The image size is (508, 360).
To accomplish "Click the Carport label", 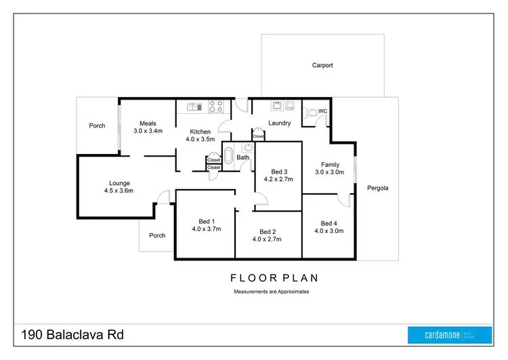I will click(x=322, y=66).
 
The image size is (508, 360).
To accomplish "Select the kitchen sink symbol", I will click(x=195, y=106).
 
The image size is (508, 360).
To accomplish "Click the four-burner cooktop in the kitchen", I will click(x=216, y=106).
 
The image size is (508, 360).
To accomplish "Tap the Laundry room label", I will click(x=279, y=123).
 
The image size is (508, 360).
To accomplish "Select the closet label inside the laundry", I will click(x=259, y=136).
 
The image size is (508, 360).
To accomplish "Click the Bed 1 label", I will click(x=207, y=222).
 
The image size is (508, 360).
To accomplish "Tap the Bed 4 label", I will click(x=329, y=223).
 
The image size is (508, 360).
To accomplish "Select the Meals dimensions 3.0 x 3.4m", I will click(x=148, y=131).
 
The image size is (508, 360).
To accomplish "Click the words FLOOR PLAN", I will click(x=274, y=278).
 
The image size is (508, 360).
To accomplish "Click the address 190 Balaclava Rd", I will click(x=72, y=335).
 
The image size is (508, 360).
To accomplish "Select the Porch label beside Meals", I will click(x=97, y=125).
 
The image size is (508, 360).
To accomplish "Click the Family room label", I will click(x=330, y=165).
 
